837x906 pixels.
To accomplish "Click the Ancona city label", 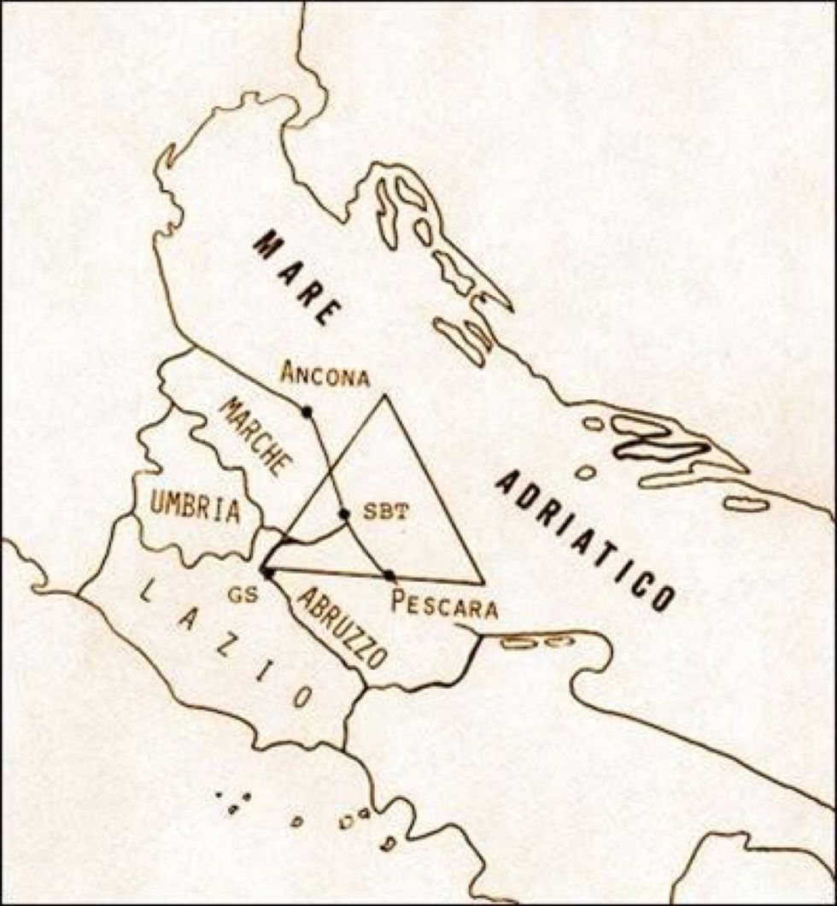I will (x=325, y=374).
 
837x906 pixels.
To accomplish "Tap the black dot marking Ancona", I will (x=307, y=412).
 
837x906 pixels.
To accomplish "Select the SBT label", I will (x=385, y=512).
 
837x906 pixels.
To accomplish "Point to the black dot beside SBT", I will (x=344, y=515).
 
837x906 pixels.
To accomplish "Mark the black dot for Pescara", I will (x=389, y=575).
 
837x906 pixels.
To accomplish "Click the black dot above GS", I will (x=268, y=573).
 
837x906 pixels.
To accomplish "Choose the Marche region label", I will (x=255, y=437).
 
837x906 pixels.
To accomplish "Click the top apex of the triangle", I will (x=384, y=395).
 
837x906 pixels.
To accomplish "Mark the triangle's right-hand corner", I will (x=483, y=583).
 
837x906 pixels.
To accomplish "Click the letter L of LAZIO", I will (x=147, y=590).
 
